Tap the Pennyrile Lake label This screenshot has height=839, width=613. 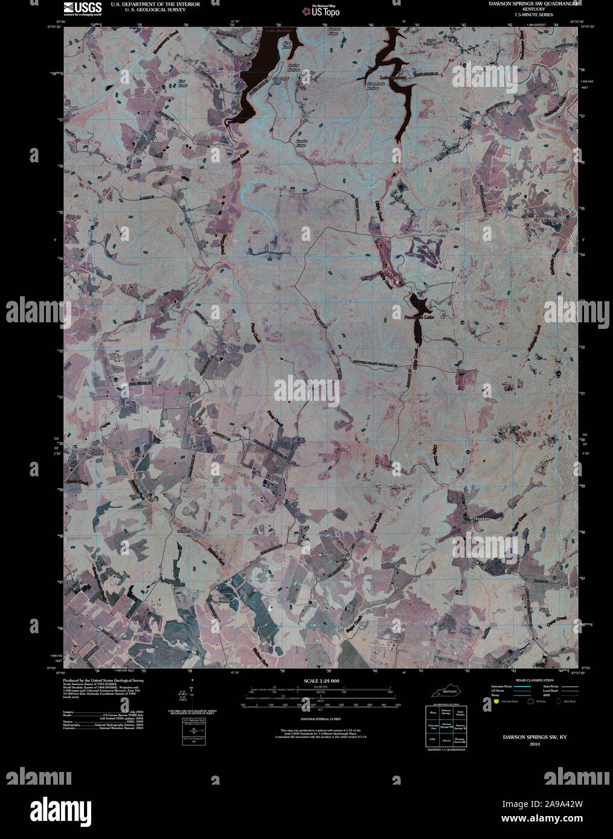pyautogui.click(x=420, y=315)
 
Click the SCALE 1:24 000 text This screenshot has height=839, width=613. pyautogui.click(x=322, y=681)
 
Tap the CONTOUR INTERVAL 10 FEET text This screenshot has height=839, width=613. pyautogui.click(x=321, y=720)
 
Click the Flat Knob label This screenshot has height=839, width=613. pyautogui.click(x=182, y=81)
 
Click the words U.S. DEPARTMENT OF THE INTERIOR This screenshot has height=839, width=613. pyautogui.click(x=155, y=4)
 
